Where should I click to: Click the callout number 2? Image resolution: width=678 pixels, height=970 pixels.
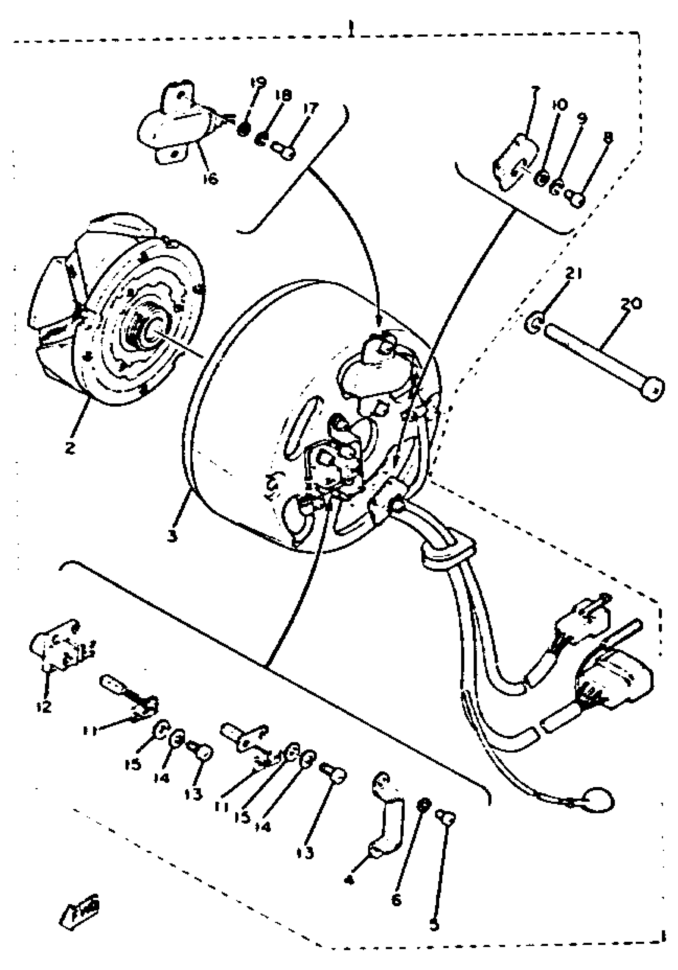pos(70,447)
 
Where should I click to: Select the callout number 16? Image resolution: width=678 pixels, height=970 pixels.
pos(210,179)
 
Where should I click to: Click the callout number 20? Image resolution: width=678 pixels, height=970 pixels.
pos(631,304)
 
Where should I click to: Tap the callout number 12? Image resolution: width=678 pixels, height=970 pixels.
pos(43,706)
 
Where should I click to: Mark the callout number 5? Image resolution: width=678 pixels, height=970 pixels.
pos(434,925)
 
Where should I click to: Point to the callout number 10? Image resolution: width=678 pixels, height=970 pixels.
pos(560,105)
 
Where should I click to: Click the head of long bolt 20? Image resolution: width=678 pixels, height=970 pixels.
pos(652,387)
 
